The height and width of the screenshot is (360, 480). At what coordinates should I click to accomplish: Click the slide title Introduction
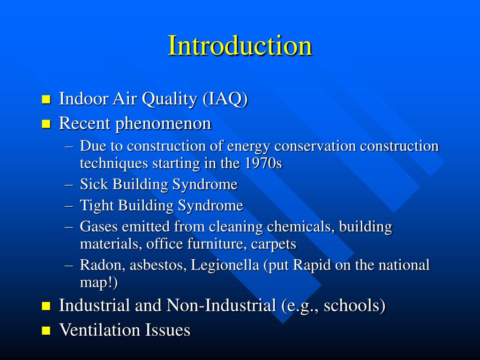pos(240,46)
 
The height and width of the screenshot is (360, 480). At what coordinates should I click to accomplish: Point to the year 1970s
pos(263,164)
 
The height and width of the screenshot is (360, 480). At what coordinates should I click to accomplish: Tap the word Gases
pos(99,226)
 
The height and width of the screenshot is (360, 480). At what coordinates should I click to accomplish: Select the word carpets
pos(274,244)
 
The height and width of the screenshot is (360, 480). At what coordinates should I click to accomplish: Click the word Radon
pos(98,265)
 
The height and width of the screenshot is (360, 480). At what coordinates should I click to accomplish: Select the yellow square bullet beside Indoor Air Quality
pos(45,99)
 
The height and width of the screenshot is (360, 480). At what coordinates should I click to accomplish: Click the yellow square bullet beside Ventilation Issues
pos(45,330)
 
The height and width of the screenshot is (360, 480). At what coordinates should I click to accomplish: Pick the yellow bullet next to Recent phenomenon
pos(45,124)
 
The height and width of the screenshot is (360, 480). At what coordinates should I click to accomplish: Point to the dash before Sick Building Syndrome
pos(69,185)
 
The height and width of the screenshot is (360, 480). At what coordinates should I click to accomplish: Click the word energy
pos(249,146)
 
